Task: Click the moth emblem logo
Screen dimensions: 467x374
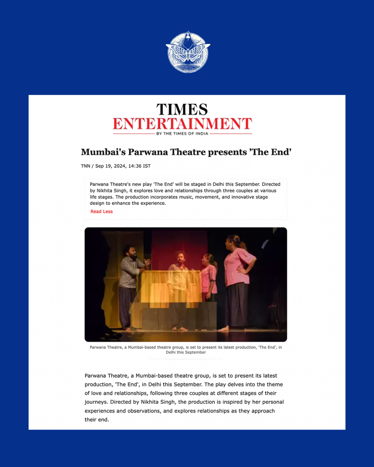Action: [x=188, y=52]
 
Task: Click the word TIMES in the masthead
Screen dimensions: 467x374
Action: [x=182, y=110]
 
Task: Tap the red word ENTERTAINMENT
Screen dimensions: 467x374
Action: [x=182, y=124]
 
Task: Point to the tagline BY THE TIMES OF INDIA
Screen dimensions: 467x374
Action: [x=182, y=134]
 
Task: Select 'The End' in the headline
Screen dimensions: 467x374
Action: [x=270, y=152]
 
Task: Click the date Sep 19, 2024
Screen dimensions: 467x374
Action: [x=110, y=166]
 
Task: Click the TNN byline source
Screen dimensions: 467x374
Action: [x=85, y=166]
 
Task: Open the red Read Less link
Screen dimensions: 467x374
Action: [x=101, y=212]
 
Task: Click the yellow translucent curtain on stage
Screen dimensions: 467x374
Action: [x=171, y=287]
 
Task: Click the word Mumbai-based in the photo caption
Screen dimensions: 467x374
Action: [x=142, y=347]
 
